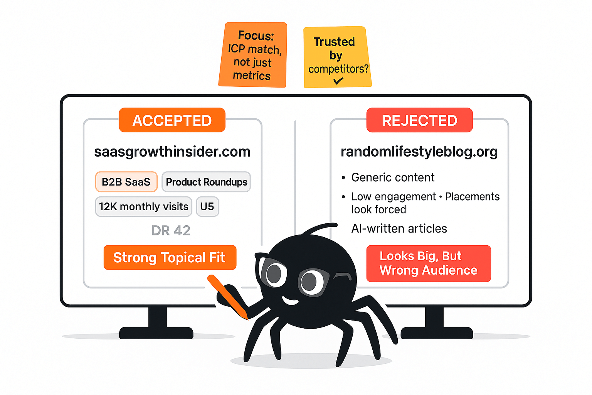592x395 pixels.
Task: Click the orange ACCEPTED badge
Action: click(172, 120)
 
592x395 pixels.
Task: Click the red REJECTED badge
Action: click(419, 120)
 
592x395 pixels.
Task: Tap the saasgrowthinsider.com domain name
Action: click(172, 152)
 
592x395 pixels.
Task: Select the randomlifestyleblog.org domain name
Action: click(419, 152)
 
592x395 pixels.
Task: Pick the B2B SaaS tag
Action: click(126, 182)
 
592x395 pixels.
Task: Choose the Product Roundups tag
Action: click(206, 182)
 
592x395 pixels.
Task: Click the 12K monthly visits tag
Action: click(143, 206)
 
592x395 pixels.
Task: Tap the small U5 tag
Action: click(207, 206)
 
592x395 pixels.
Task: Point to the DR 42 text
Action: click(171, 230)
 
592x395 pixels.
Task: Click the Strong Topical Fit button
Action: click(170, 257)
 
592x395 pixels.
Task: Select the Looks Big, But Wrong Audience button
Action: click(428, 263)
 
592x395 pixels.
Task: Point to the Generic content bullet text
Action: click(393, 177)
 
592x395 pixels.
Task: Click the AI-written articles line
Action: click(399, 228)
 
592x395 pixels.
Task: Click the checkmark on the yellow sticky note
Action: click(338, 81)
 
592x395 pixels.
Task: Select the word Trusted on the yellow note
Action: click(334, 42)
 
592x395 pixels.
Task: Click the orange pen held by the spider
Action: click(227, 296)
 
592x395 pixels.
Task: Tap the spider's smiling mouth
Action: click(290, 300)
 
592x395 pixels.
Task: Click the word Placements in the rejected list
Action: click(472, 196)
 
